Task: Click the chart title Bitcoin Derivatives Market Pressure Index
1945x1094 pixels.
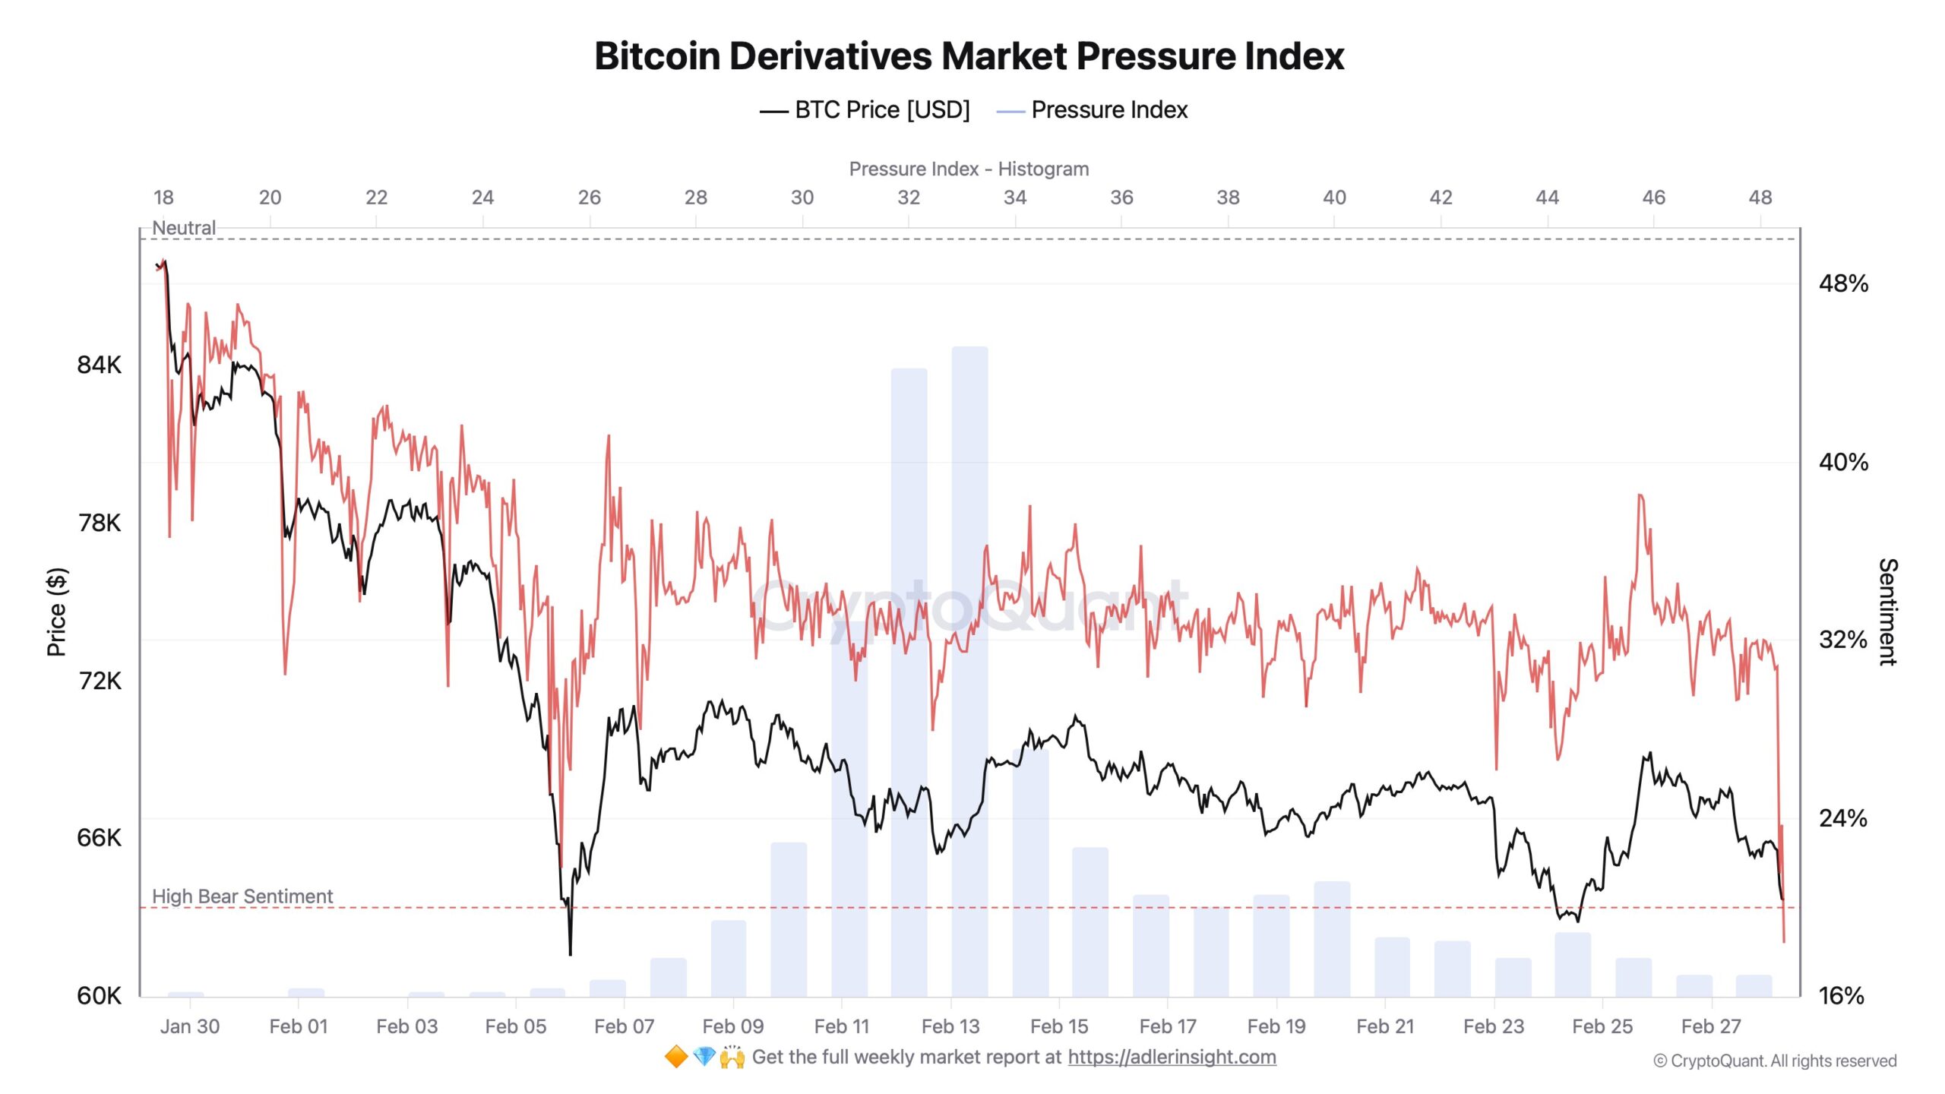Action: click(969, 56)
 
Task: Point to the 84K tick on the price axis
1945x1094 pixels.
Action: click(99, 365)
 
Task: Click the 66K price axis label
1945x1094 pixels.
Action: click(99, 838)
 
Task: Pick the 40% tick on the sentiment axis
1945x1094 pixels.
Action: click(1842, 462)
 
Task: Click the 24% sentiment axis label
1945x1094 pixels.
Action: click(1842, 818)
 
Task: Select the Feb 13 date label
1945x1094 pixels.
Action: click(950, 1026)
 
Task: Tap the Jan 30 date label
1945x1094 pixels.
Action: click(189, 1026)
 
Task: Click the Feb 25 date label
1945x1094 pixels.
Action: click(1602, 1026)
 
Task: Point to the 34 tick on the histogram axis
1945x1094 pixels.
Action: click(1014, 198)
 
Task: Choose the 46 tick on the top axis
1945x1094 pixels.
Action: click(1653, 198)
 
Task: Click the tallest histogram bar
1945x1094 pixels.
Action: click(969, 669)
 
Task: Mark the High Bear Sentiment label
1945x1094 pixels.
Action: click(242, 896)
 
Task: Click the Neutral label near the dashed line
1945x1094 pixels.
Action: click(183, 227)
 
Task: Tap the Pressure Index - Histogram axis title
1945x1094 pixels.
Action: click(969, 169)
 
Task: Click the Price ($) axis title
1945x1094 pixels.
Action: click(57, 612)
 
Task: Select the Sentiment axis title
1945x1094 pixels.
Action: click(1888, 612)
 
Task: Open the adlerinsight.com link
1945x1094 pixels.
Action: click(1171, 1057)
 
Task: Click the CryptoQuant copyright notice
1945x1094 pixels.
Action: click(1775, 1061)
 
